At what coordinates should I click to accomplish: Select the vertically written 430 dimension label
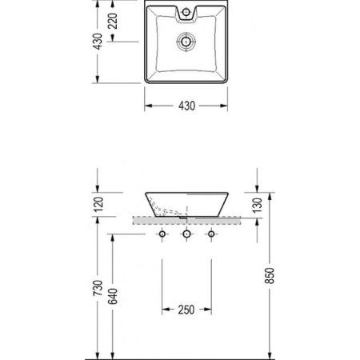click(97, 41)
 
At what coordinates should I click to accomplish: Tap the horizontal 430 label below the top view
click(186, 106)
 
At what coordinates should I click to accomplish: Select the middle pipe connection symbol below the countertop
click(186, 234)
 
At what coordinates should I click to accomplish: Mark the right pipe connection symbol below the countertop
click(211, 234)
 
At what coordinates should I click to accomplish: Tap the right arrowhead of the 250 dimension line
click(210, 310)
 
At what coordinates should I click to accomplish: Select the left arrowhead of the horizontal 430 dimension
click(146, 106)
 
